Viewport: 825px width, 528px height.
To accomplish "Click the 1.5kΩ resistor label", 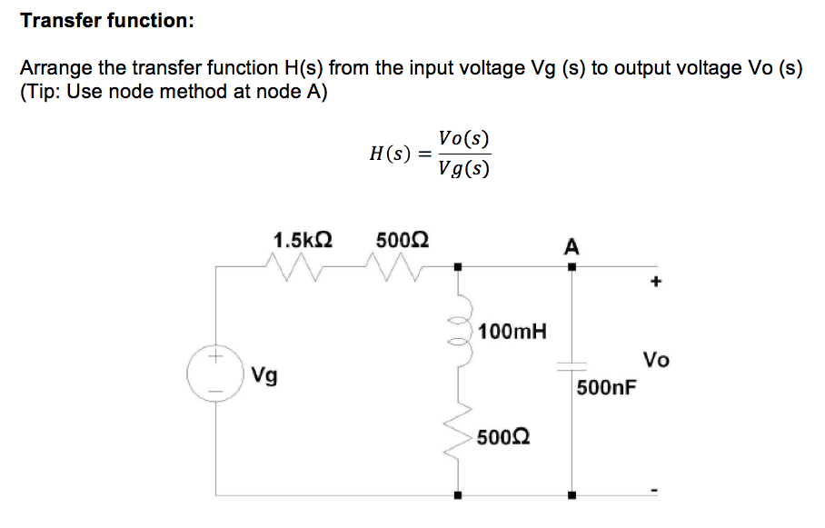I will [303, 240].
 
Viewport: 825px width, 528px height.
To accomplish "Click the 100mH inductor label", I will [512, 331].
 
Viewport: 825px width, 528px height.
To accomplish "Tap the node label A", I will [571, 246].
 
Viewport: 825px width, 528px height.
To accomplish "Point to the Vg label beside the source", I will [264, 374].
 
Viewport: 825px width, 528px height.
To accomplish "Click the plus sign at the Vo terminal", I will [655, 283].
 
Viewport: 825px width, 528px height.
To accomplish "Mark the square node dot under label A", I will [571, 267].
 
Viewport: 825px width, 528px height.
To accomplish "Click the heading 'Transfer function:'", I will [106, 20].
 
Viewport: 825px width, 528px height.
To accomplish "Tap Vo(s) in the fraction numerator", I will [463, 139].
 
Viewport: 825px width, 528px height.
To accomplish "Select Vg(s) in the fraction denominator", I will [463, 168].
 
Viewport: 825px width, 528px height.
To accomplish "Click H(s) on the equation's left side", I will [388, 154].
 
